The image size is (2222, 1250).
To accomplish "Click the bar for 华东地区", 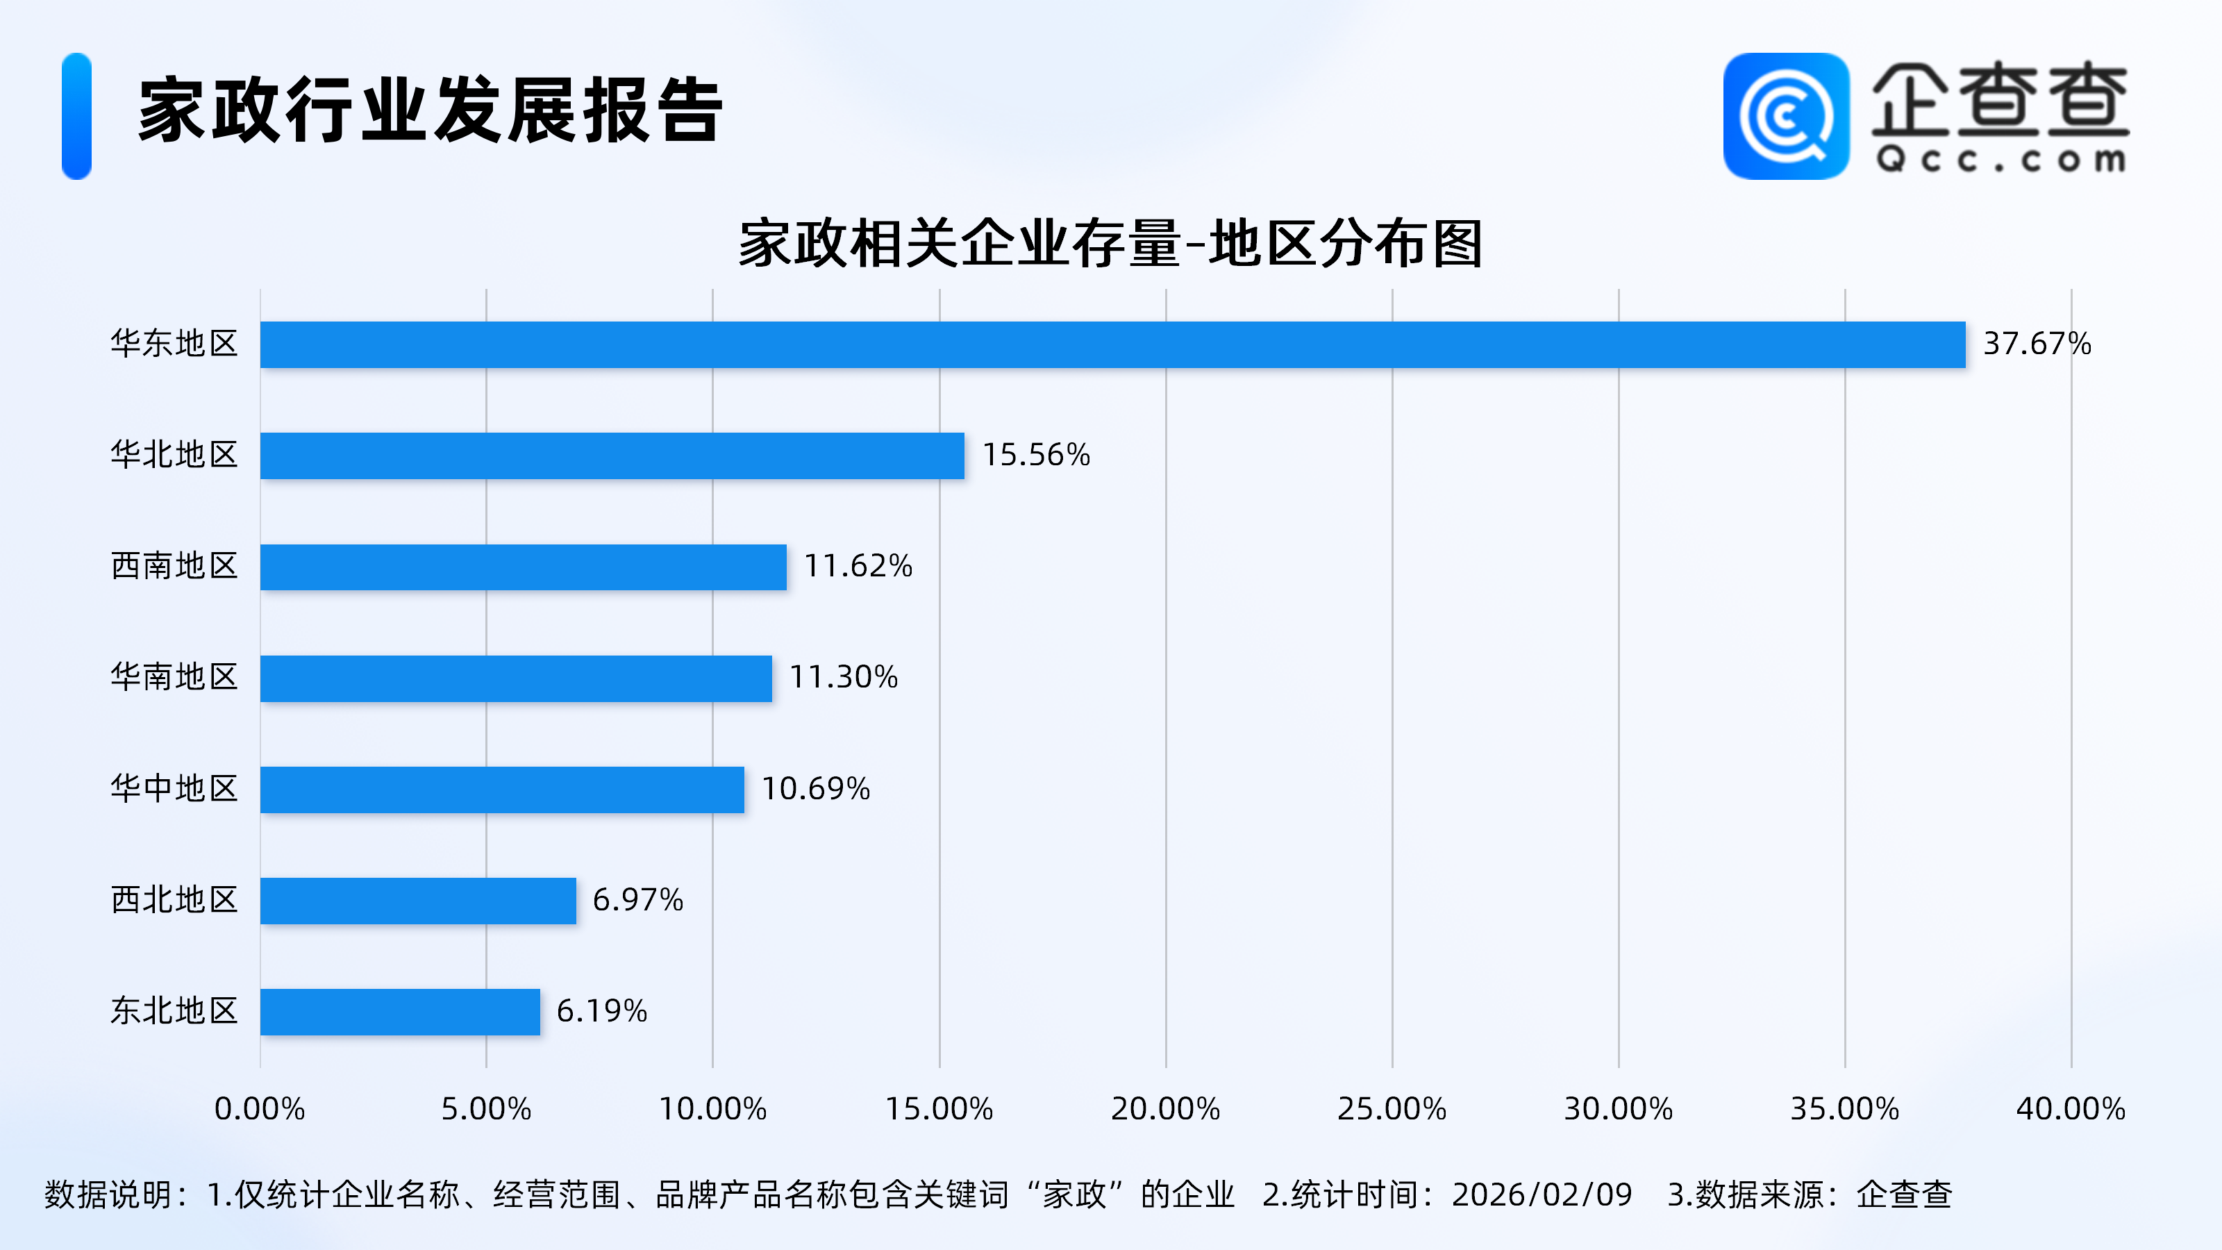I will (x=1112, y=344).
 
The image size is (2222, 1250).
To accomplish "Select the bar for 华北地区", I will (x=612, y=456).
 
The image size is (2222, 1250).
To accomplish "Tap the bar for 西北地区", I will (x=417, y=901).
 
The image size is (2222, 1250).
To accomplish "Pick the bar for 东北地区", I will (x=399, y=1011).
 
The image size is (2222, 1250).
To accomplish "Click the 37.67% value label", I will (x=2037, y=343).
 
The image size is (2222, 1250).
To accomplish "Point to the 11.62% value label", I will (x=858, y=566).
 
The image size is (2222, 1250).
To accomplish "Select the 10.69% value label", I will (x=815, y=788).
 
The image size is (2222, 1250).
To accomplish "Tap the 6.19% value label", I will (x=601, y=1011).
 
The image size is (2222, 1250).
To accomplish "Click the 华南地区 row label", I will (x=174, y=677).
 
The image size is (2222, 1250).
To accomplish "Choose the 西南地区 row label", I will (x=174, y=566).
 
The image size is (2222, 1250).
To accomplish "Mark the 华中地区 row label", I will (x=174, y=788).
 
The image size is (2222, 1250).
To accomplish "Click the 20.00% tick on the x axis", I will (x=1165, y=1108).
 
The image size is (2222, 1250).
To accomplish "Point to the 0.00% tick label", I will (x=260, y=1108).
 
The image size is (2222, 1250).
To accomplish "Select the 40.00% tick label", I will (x=2070, y=1108).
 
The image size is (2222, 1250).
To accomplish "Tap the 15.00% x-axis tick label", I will (x=939, y=1108).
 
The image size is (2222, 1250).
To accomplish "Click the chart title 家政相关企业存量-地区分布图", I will (x=1110, y=244).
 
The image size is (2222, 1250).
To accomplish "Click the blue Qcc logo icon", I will (x=1785, y=117).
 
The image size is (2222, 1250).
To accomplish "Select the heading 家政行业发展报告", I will (x=430, y=110).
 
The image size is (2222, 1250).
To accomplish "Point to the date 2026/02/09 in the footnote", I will (x=1542, y=1194).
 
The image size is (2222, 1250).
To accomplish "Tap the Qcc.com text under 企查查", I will (x=2000, y=160).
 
